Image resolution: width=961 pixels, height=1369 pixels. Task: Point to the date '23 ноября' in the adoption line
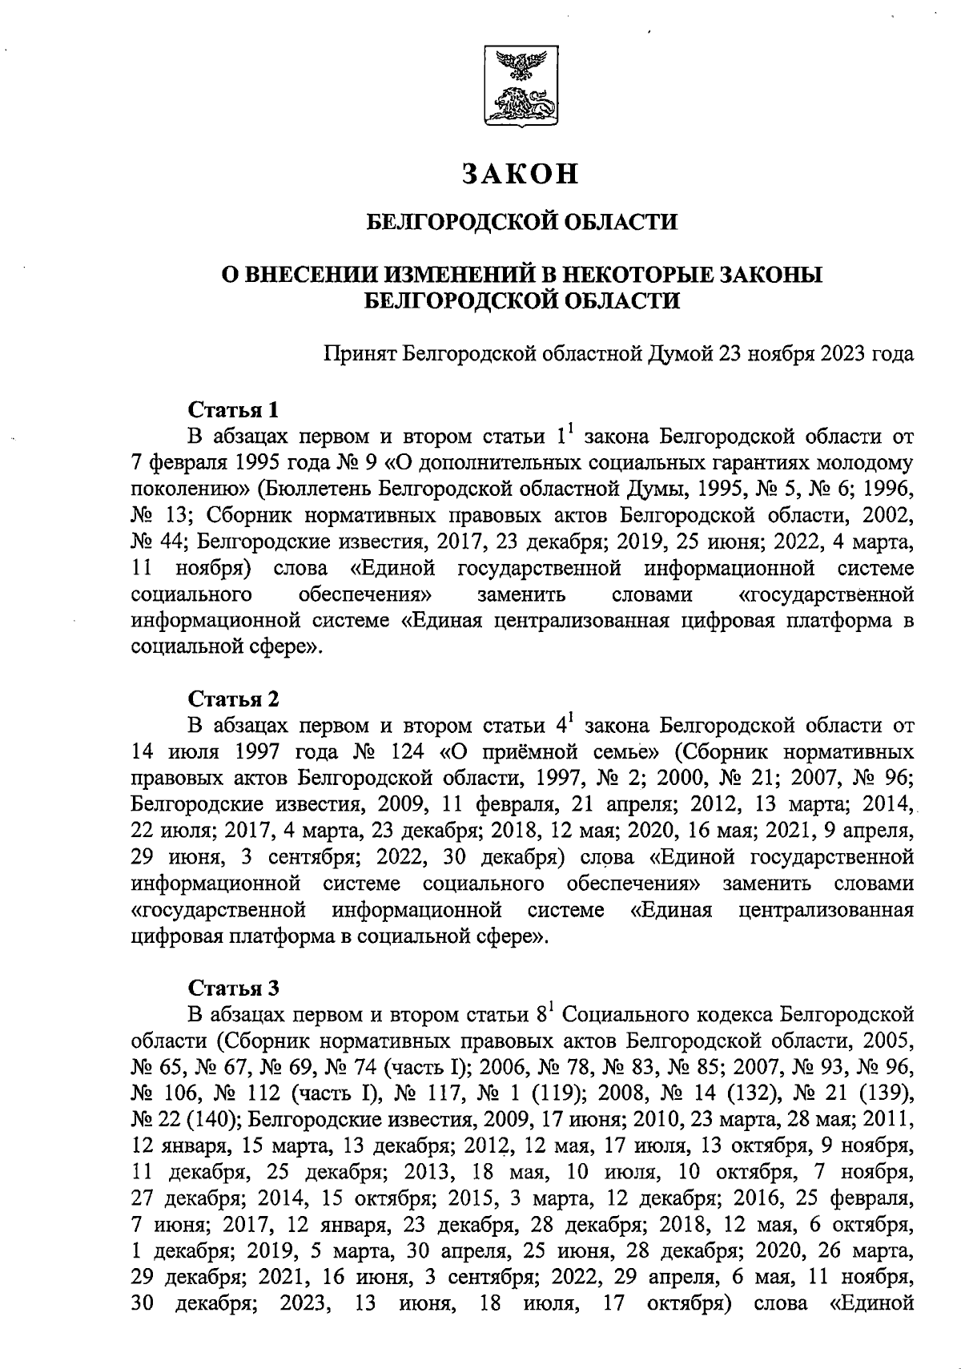pyautogui.click(x=767, y=353)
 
